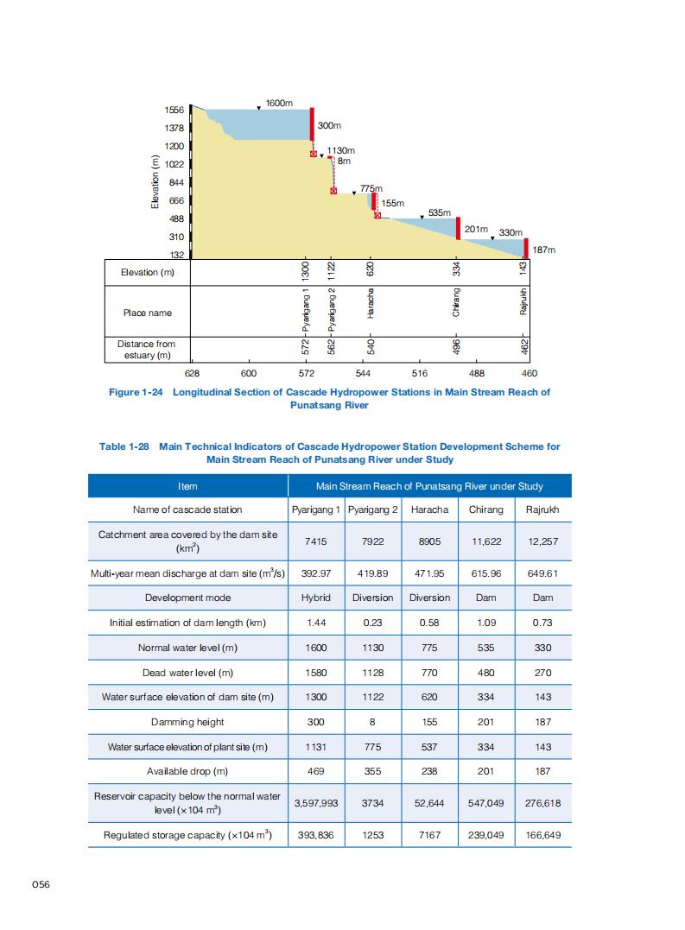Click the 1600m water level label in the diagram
[x=280, y=103]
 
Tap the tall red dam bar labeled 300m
[x=312, y=124]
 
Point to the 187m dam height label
[x=542, y=250]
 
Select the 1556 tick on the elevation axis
[x=175, y=111]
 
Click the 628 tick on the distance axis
[x=193, y=373]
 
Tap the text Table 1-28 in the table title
[x=124, y=446]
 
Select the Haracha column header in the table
[x=429, y=509]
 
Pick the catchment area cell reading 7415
[x=315, y=541]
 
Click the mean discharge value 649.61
[x=542, y=573]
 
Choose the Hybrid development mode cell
[x=315, y=598]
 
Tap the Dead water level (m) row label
[x=187, y=673]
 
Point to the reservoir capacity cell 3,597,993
[x=315, y=802]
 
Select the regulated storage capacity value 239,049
[x=485, y=835]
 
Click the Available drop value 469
[x=315, y=771]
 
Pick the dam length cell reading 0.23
[x=373, y=623]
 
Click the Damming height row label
[x=187, y=722]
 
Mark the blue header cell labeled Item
[x=187, y=486]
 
